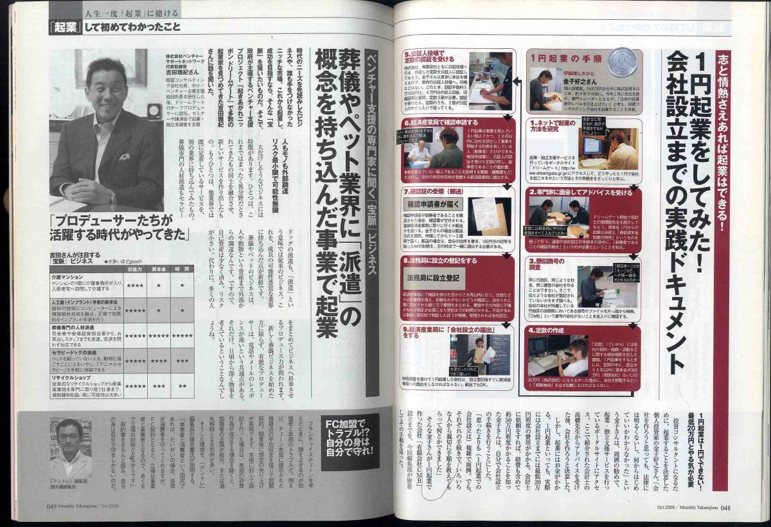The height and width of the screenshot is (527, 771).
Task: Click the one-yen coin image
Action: pyautogui.click(x=622, y=62)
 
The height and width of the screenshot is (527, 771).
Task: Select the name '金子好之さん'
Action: pyautogui.click(x=578, y=82)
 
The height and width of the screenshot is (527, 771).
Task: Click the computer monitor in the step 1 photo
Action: pyautogui.click(x=591, y=145)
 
